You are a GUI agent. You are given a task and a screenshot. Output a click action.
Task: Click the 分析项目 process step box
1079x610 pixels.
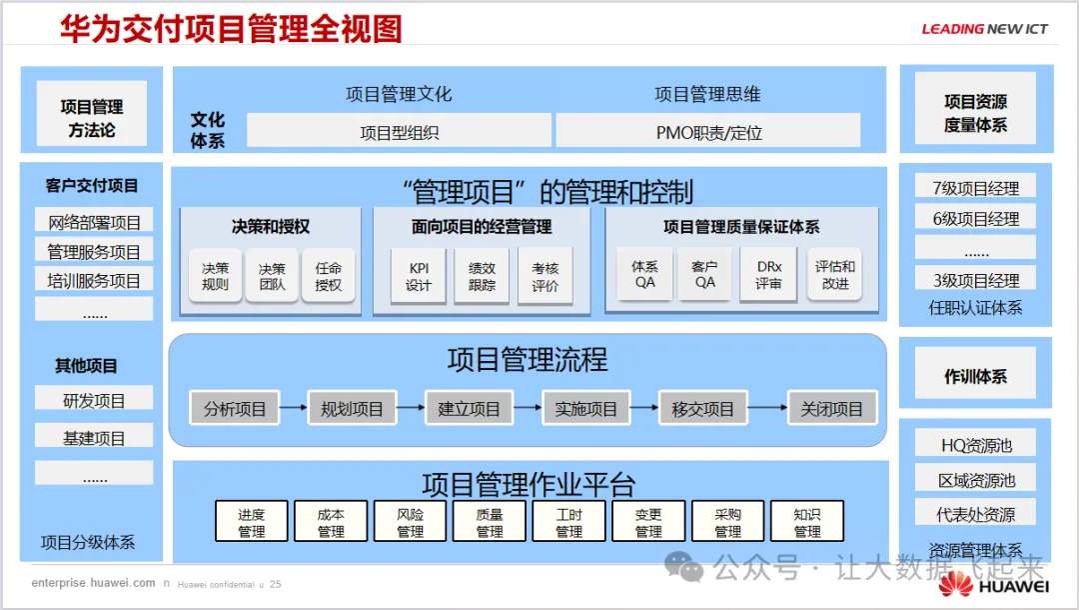coord(235,408)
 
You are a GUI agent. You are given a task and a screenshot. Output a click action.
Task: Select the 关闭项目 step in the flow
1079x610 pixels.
coord(831,408)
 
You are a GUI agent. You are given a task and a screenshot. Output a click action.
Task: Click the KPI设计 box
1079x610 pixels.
coord(419,276)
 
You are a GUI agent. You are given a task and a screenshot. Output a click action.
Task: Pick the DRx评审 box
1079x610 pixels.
coord(768,276)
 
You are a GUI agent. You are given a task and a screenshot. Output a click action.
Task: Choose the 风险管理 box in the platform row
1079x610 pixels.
coord(411,522)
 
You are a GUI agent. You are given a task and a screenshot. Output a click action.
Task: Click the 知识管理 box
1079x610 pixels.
coord(807,522)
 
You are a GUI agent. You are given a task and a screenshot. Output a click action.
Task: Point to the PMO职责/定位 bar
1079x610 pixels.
coord(708,131)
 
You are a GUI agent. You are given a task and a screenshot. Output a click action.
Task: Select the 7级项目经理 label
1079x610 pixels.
coord(975,187)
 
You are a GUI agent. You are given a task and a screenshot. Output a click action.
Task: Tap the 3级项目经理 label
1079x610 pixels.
coord(975,279)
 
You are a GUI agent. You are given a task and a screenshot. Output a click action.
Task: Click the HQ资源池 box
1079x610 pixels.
coord(975,446)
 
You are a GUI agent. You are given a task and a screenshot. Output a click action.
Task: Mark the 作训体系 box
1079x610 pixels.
coord(975,377)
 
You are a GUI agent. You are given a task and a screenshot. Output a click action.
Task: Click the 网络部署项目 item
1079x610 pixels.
coord(94,222)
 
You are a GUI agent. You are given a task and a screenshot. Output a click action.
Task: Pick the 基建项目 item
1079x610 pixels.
coord(94,437)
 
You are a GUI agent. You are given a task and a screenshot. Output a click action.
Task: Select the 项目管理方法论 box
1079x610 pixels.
coord(92,117)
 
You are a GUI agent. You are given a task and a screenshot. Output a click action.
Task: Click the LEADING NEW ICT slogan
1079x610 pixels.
coord(984,29)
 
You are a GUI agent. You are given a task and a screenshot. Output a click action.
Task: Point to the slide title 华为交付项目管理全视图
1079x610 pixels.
coord(231,29)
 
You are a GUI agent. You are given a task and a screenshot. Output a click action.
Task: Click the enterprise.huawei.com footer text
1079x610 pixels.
coord(93,583)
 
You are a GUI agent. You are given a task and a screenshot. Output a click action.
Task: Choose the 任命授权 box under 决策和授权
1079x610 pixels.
coord(328,276)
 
